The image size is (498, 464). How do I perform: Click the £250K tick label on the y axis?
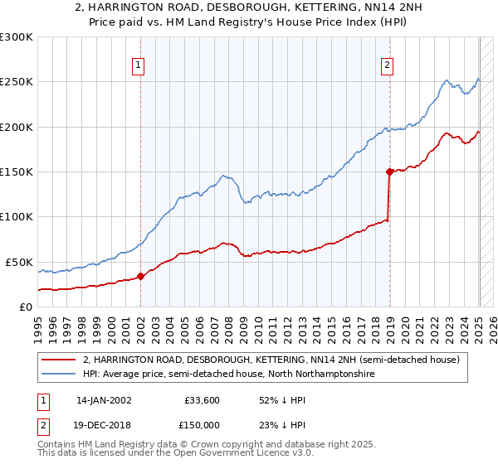(x=17, y=82)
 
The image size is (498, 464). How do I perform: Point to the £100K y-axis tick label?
(x=17, y=217)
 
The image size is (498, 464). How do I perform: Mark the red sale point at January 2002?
(x=140, y=277)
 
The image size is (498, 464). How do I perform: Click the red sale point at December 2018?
(x=388, y=172)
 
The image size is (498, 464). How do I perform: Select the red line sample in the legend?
(x=58, y=360)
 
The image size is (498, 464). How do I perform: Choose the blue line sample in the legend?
(x=58, y=375)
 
